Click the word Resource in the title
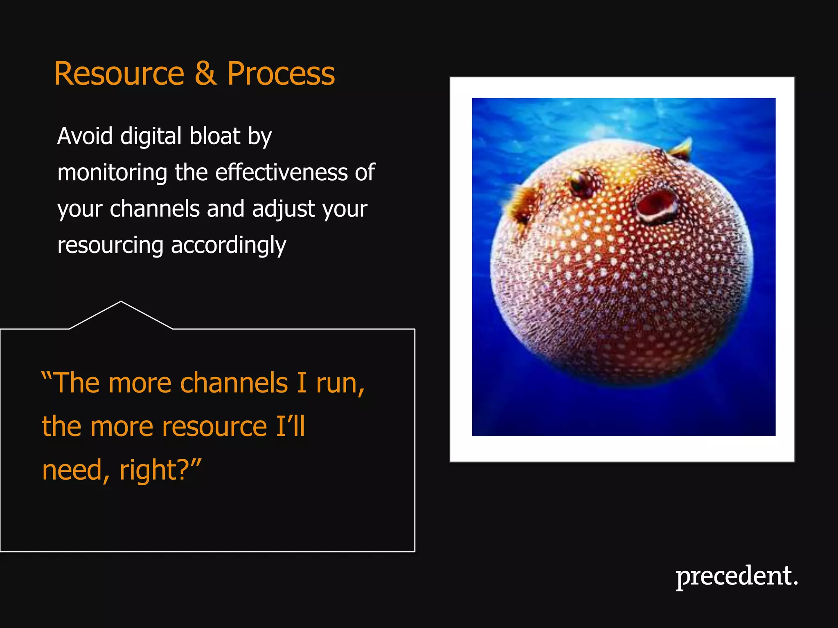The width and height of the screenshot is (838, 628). [119, 74]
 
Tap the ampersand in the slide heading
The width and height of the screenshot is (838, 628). [205, 74]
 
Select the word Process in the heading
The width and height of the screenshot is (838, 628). [281, 74]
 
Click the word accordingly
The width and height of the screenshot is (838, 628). [228, 246]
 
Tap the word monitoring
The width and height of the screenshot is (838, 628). [112, 173]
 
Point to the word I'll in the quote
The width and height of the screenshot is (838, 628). [290, 426]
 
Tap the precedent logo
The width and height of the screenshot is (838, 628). [737, 576]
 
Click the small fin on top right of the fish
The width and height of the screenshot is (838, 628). [682, 148]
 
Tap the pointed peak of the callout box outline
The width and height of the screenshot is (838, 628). [121, 302]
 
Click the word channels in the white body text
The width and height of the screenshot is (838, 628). [155, 209]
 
